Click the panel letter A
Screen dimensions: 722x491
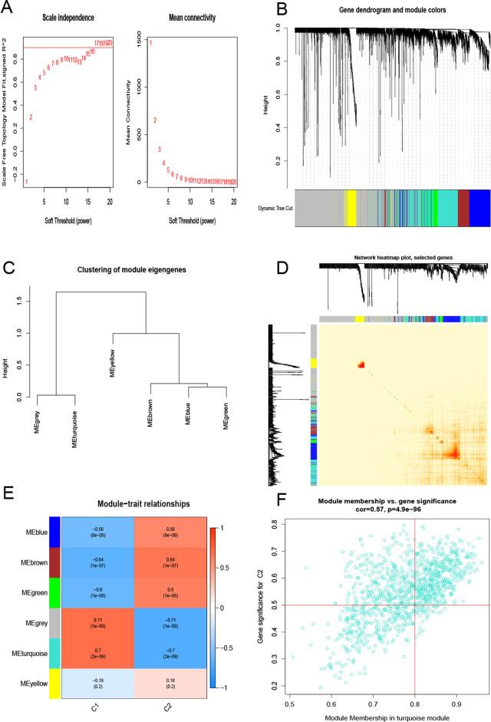(x=10, y=9)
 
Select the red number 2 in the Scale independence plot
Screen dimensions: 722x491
(x=31, y=117)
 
